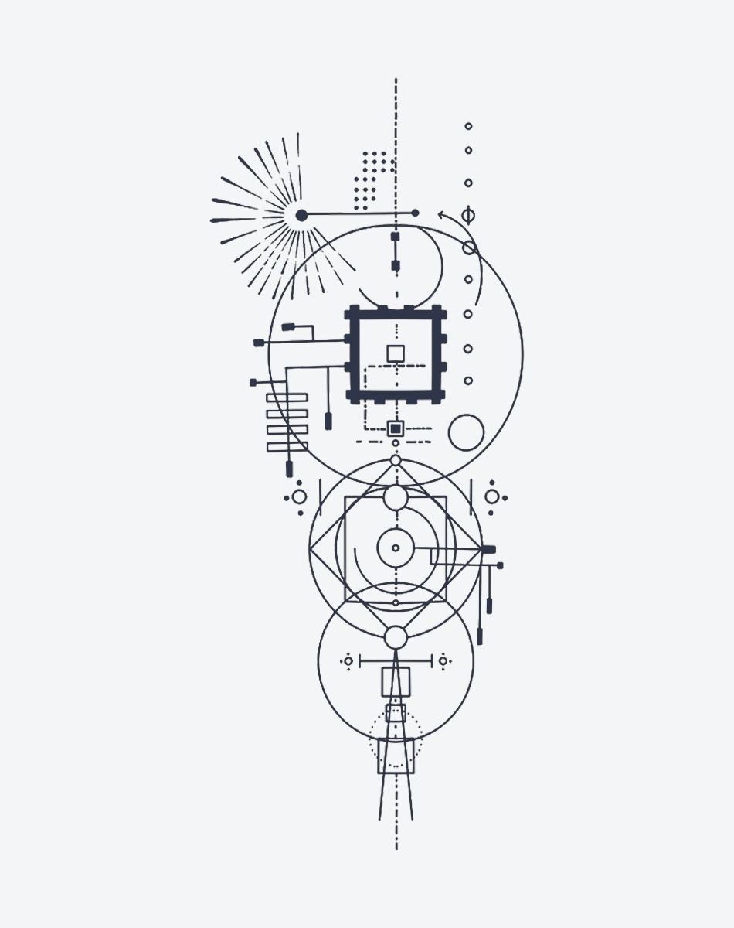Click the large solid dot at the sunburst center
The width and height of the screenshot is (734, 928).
tap(301, 215)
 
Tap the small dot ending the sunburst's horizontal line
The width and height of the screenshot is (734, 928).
tap(415, 213)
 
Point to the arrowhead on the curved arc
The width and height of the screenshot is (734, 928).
tap(442, 214)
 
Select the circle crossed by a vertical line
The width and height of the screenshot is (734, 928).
tap(468, 215)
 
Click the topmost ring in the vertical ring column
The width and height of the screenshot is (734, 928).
tap(468, 126)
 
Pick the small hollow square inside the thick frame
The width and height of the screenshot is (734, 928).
tap(396, 353)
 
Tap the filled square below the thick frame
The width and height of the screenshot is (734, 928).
tap(396, 428)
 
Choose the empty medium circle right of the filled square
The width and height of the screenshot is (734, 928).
tap(466, 432)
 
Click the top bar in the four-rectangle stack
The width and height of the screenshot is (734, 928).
tap(287, 397)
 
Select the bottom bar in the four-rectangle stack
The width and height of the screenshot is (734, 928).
tap(287, 446)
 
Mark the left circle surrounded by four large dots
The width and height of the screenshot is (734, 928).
tap(299, 496)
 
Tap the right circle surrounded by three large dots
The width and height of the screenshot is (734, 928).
tap(491, 496)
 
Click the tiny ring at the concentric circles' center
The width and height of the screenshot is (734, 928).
tap(396, 548)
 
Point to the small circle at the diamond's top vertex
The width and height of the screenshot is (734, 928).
tap(396, 460)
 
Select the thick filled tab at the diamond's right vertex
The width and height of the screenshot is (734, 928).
tap(488, 549)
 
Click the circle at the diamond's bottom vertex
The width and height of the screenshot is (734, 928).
tap(396, 637)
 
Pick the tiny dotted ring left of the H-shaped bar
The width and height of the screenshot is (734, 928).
tap(348, 660)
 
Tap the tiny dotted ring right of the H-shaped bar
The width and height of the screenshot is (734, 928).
tap(443, 660)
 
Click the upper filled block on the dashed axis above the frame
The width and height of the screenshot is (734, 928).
tap(396, 237)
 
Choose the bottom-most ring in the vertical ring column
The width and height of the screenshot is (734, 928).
tap(468, 380)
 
